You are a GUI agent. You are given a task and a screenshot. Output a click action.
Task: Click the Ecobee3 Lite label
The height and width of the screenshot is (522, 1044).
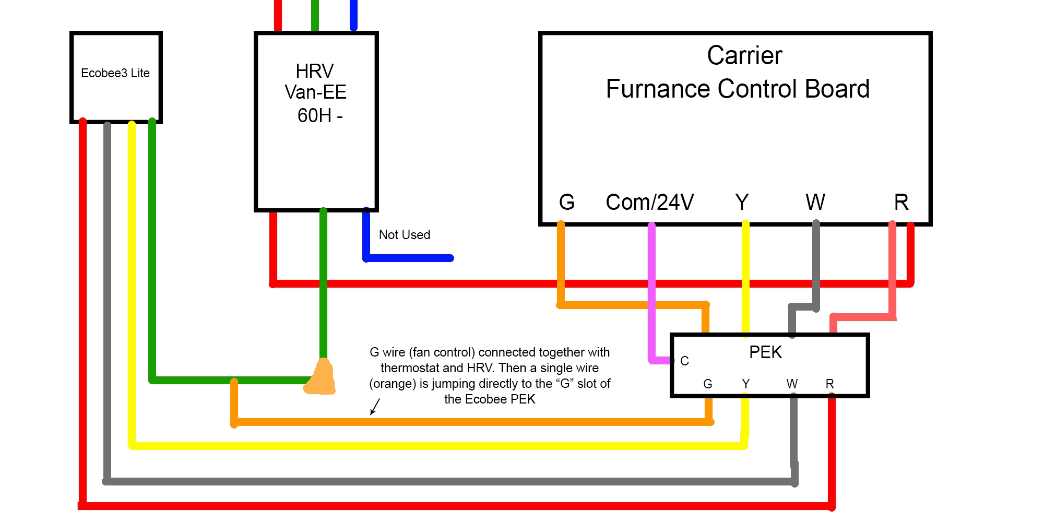(115, 73)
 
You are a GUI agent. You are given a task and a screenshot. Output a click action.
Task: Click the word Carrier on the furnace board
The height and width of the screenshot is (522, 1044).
(744, 55)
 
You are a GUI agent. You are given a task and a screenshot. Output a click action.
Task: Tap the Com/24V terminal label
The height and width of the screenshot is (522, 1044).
(649, 203)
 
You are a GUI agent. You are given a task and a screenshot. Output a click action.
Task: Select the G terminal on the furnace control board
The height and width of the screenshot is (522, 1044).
(567, 203)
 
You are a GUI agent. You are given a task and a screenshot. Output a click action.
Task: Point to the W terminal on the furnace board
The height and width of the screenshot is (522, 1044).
(815, 203)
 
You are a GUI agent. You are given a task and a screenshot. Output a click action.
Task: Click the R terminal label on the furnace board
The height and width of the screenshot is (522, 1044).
(901, 203)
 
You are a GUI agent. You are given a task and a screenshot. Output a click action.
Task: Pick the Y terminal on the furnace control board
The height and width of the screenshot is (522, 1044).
(742, 203)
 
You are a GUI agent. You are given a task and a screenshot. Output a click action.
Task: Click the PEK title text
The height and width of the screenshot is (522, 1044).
(765, 352)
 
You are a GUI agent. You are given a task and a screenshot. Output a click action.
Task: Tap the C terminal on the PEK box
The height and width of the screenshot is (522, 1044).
(684, 361)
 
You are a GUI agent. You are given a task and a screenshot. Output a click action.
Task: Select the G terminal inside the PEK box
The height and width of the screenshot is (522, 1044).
(708, 384)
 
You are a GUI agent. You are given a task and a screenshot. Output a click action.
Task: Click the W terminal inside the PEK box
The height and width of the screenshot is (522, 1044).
(792, 384)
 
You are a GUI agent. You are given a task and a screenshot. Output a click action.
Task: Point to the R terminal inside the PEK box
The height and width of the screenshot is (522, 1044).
(829, 384)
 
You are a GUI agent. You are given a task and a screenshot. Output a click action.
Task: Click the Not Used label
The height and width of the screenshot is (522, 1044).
(405, 235)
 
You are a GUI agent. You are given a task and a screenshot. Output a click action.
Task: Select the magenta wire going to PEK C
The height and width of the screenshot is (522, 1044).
(651, 292)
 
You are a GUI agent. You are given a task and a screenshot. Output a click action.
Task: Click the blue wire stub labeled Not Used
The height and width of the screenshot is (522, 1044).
(410, 258)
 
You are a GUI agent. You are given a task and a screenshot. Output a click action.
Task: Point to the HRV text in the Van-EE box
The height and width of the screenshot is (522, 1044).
(314, 71)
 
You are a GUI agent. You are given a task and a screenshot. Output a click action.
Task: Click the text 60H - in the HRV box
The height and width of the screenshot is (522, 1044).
(319, 115)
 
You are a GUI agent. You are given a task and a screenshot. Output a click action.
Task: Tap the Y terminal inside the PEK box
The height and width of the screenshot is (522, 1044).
(745, 384)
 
